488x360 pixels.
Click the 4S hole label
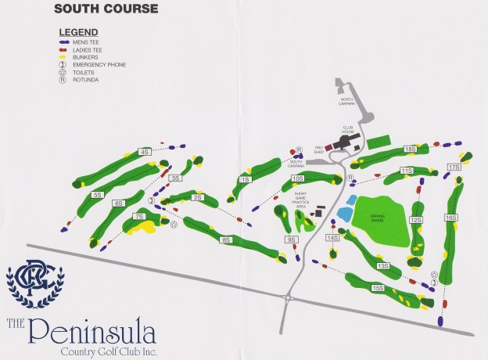145,152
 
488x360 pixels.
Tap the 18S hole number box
409,149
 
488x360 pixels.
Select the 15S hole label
378,288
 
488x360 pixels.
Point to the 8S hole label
226,239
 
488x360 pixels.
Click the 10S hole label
297,178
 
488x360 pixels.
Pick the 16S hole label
450,218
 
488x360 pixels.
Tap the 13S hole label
383,266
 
